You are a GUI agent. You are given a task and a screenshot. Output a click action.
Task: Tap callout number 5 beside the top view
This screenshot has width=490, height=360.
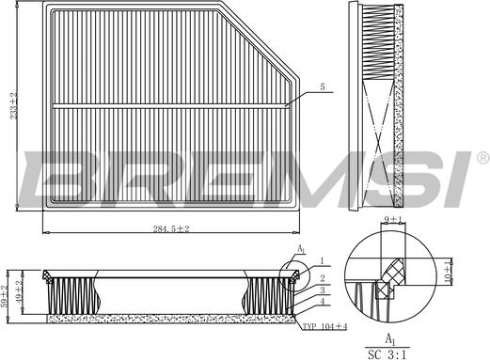point(322,87)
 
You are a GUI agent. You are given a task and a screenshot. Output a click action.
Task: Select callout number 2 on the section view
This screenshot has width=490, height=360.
point(322,278)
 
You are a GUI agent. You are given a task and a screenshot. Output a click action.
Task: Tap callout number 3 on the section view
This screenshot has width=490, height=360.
point(322,291)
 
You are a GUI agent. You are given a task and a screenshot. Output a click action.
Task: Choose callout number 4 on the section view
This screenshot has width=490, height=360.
point(322,304)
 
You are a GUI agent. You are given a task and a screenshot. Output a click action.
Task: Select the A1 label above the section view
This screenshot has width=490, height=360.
point(301,250)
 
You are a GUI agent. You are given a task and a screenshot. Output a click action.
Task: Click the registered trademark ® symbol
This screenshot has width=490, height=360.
point(482,157)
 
